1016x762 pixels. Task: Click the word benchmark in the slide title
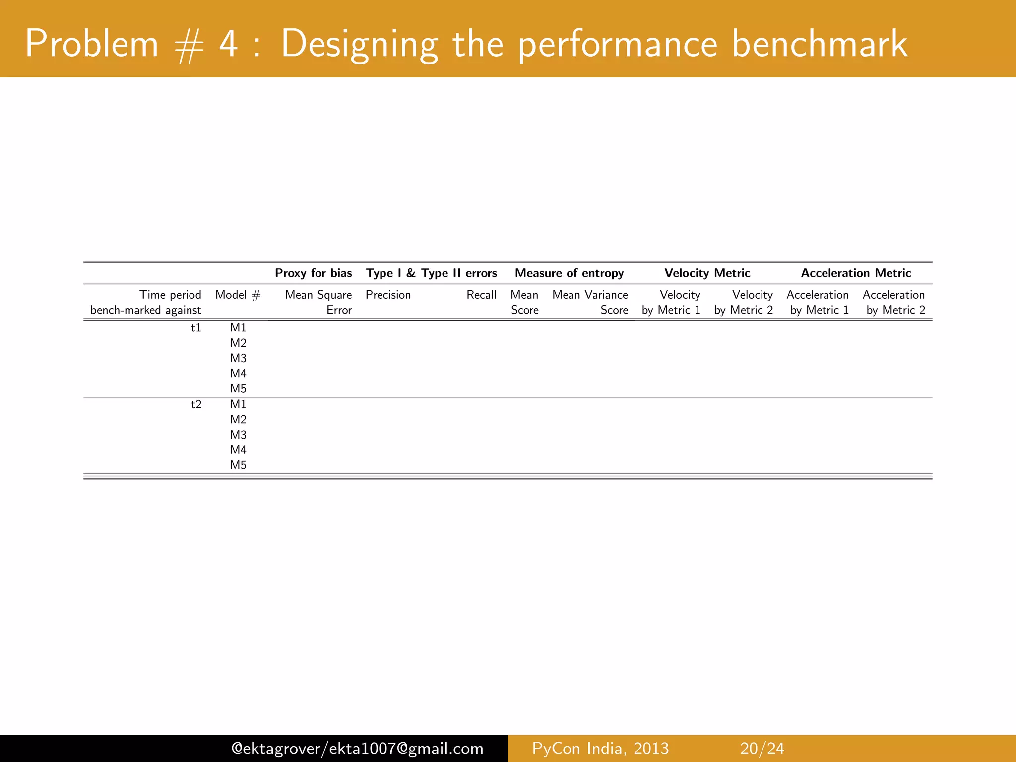click(820, 44)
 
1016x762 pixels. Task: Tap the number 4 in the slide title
click(228, 44)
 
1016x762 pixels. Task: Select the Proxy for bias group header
click(314, 273)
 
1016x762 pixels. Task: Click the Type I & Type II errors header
click(432, 273)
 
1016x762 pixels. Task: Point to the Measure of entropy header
click(569, 273)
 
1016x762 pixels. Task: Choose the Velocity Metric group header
click(707, 273)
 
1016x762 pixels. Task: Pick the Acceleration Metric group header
click(856, 273)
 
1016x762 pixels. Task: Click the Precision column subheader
click(388, 295)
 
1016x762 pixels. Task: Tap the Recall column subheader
click(481, 295)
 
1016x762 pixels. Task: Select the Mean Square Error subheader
click(318, 302)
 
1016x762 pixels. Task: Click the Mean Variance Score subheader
click(590, 302)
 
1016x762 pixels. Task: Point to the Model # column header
click(238, 295)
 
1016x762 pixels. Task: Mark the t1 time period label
click(196, 328)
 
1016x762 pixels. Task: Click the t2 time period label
click(196, 404)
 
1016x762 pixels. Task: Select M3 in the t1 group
click(238, 358)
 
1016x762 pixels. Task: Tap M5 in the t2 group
click(238, 465)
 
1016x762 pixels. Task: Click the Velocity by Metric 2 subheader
click(744, 302)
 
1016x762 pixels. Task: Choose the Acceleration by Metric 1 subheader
click(818, 302)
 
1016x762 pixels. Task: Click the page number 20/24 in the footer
click(762, 748)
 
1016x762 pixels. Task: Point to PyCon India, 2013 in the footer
click(600, 748)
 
